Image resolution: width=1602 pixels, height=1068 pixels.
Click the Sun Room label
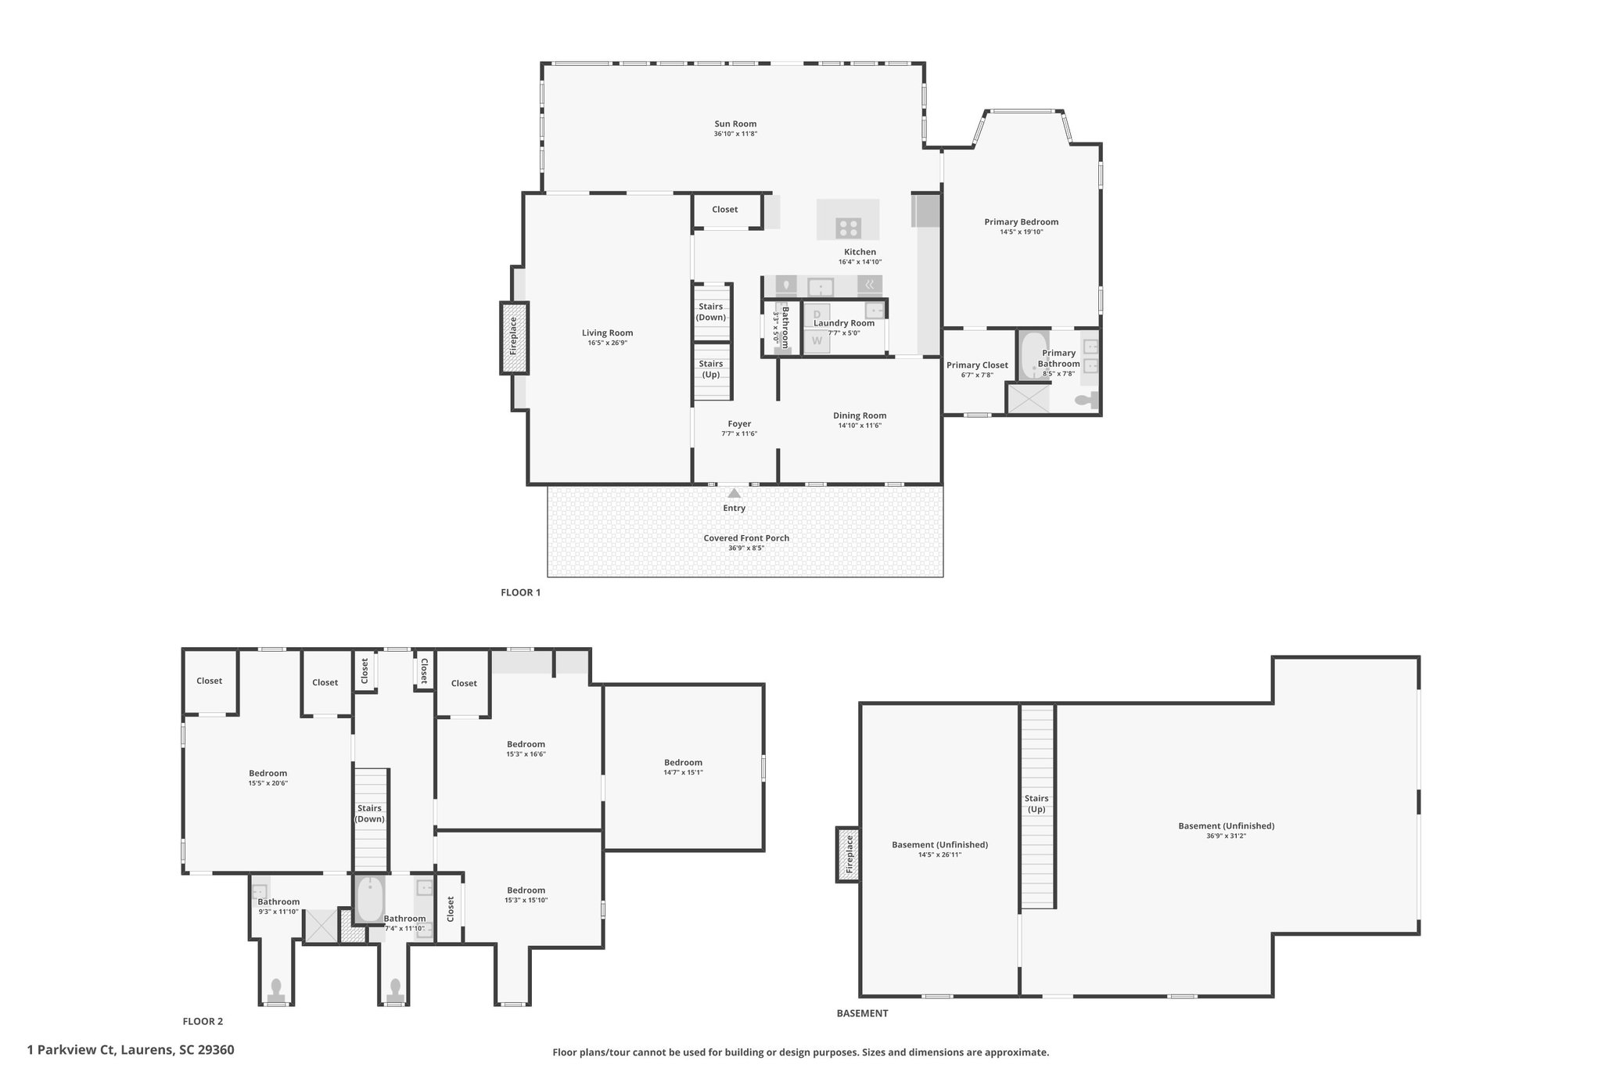pos(735,124)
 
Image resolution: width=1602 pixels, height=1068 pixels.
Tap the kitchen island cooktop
pos(848,228)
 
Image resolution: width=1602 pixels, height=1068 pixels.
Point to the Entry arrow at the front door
pos(734,493)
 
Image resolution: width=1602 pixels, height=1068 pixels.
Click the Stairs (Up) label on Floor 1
pos(710,369)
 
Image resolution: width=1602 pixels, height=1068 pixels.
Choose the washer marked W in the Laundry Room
pos(817,340)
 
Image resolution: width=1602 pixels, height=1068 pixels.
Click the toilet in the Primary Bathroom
pos(1087,401)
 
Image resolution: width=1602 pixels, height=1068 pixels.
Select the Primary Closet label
pos(977,365)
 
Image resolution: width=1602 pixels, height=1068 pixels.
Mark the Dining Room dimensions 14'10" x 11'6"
pos(859,426)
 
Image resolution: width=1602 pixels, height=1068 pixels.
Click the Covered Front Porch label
pos(745,538)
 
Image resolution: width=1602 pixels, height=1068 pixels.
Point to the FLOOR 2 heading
pos(203,1021)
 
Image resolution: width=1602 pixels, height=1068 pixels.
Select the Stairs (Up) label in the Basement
pos(1036,804)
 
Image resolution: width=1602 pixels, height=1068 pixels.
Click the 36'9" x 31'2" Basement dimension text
pos(1226,836)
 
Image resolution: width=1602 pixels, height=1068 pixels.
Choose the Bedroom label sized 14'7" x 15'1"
pos(683,763)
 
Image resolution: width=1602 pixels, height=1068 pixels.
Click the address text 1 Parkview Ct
pos(71,1050)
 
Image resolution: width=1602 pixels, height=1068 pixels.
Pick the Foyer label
pos(739,424)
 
